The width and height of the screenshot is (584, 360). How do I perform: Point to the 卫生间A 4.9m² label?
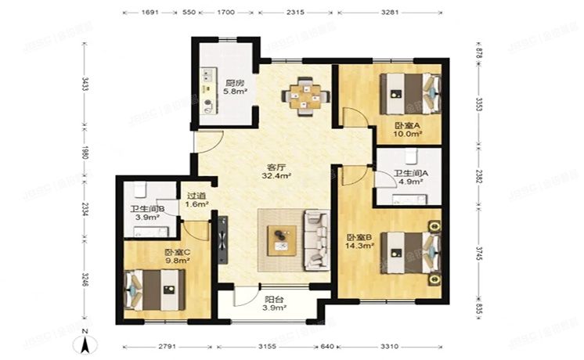pyautogui.click(x=408, y=178)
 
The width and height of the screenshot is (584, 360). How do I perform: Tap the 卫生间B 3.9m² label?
pyautogui.click(x=146, y=214)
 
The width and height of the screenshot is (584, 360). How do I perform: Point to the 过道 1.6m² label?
pyautogui.click(x=197, y=201)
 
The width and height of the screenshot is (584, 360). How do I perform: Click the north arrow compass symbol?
pyautogui.click(x=87, y=341)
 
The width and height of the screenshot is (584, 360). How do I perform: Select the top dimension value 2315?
pyautogui.click(x=296, y=13)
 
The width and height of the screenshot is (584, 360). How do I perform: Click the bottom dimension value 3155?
pyautogui.click(x=279, y=345)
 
